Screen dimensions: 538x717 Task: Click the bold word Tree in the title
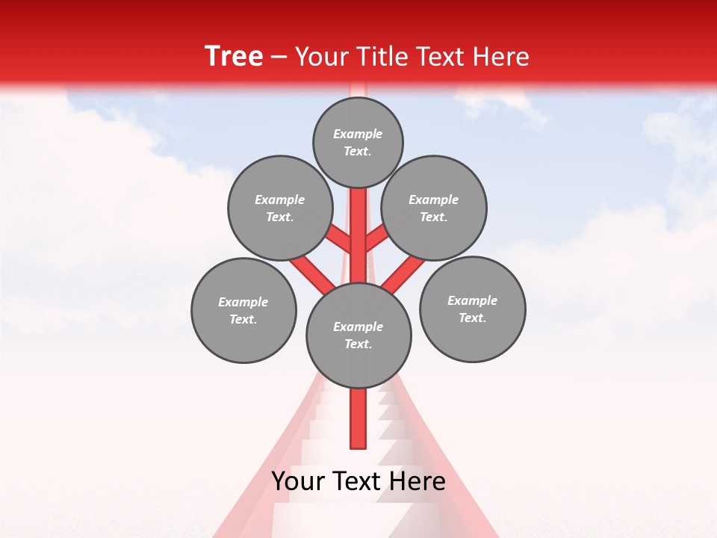click(x=234, y=57)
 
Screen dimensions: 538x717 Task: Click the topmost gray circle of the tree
click(x=358, y=143)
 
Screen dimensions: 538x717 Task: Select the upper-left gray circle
click(x=279, y=208)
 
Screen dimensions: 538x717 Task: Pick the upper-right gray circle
click(x=434, y=208)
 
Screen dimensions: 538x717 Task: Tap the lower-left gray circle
click(x=243, y=310)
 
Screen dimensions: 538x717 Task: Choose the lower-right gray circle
click(x=472, y=309)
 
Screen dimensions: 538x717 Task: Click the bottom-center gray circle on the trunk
click(x=358, y=336)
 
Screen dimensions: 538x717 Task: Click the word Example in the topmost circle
click(x=358, y=134)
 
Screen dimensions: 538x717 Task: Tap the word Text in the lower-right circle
click(x=472, y=318)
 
